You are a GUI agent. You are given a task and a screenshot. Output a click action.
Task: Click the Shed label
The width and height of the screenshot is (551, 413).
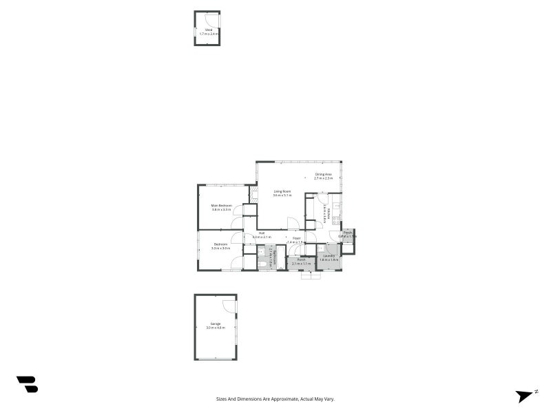(207, 30)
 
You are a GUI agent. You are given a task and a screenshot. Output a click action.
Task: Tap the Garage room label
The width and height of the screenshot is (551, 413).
(216, 324)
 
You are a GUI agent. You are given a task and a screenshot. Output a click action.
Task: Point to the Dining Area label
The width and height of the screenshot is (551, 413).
(324, 174)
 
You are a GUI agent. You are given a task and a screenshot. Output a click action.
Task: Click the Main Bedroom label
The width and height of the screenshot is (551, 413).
(221, 206)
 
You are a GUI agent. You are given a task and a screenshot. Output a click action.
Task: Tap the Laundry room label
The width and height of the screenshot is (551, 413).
(329, 255)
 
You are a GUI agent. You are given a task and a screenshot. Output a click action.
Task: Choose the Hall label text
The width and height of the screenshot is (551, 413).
(262, 233)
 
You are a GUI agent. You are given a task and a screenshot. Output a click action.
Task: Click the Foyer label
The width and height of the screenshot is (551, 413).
(296, 238)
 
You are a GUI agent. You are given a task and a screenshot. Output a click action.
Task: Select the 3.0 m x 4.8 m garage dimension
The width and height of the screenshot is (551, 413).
(216, 328)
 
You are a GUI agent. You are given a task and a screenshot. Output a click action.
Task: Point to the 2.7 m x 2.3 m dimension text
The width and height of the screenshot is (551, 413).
(324, 178)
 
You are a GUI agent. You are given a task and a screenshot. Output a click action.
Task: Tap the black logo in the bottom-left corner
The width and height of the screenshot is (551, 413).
(27, 384)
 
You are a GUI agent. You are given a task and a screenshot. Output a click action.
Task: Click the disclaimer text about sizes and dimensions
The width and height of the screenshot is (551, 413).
(275, 399)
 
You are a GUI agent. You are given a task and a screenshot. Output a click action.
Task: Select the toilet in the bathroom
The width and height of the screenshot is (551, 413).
(262, 264)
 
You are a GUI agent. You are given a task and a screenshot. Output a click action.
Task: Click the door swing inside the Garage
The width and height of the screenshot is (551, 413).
(228, 306)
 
